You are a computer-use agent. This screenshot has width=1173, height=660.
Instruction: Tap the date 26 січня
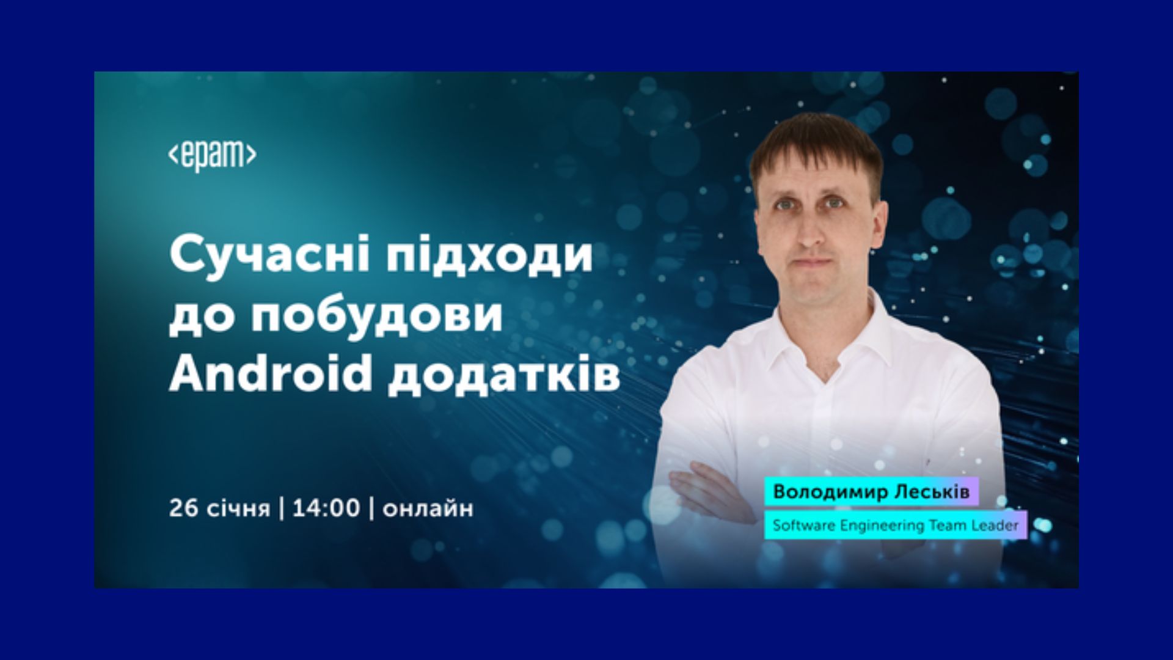click(219, 508)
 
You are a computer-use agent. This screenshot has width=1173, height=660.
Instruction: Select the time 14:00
click(326, 508)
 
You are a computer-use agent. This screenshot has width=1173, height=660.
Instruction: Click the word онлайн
click(428, 509)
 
